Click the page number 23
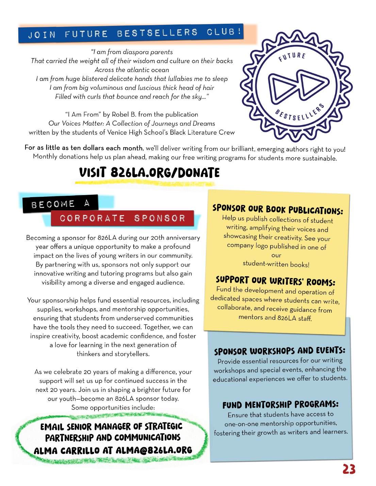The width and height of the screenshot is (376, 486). pos(349,469)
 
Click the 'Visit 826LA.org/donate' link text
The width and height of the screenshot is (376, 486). pos(149,173)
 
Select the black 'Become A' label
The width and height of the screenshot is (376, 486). pos(61,204)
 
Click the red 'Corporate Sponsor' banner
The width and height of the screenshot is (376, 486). pos(122,218)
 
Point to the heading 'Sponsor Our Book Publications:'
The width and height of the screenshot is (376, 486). pos(278,209)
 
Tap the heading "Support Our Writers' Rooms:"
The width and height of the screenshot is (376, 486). pos(275,281)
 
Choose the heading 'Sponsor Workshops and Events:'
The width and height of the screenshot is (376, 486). pos(279,351)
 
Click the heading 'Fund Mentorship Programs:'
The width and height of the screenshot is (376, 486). pos(280,405)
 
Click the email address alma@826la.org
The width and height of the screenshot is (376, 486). pos(154,450)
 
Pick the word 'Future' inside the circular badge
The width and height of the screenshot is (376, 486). pos(292,57)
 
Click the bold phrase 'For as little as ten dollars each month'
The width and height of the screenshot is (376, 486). pos(83,148)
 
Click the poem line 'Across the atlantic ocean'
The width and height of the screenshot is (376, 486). pos(132,70)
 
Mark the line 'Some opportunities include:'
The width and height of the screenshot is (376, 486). pos(113,407)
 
